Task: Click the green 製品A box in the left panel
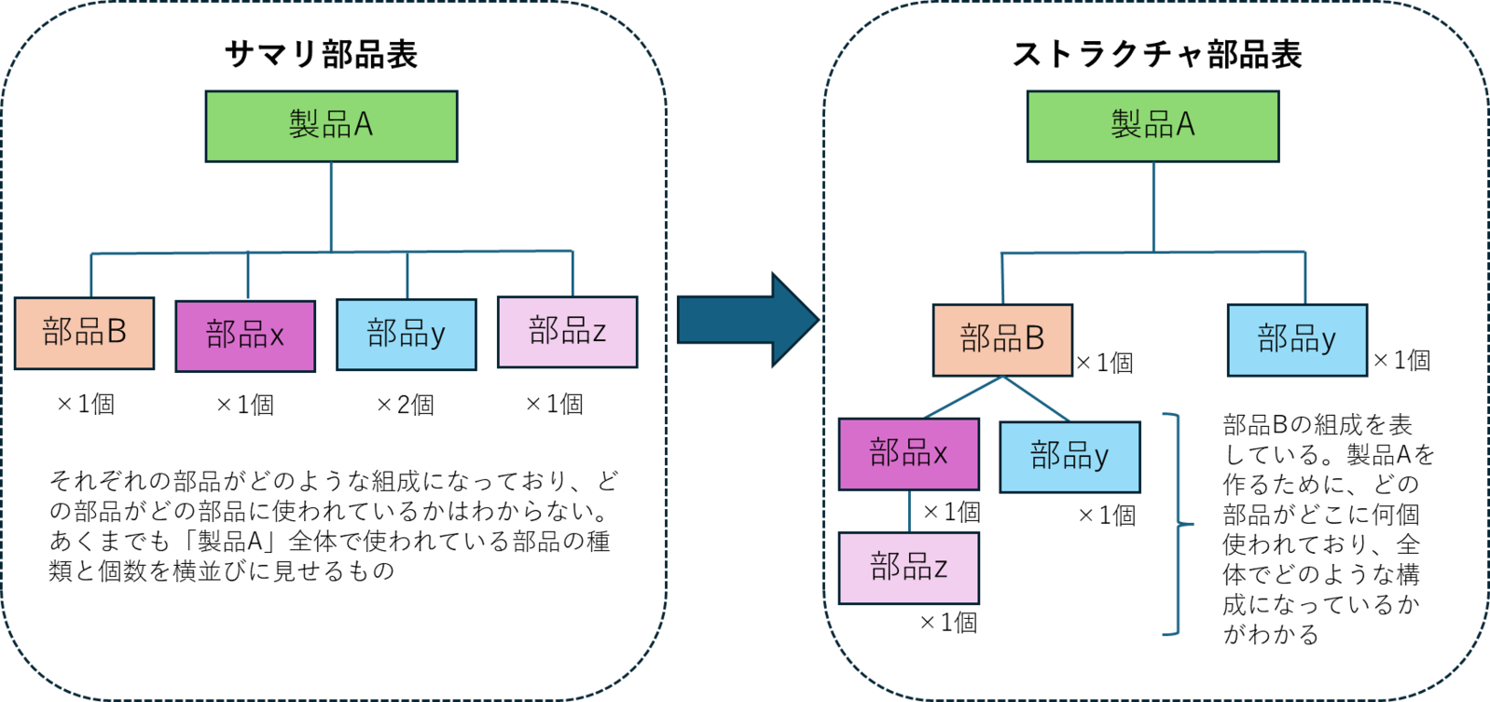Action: click(331, 126)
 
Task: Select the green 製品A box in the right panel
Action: click(1152, 126)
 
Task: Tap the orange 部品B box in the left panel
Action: click(84, 333)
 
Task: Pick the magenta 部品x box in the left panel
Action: click(245, 336)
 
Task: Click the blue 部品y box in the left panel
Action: click(407, 334)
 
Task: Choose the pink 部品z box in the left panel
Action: click(567, 332)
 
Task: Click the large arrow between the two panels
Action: click(746, 320)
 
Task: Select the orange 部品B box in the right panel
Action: click(1002, 339)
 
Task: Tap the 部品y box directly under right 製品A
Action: click(1297, 339)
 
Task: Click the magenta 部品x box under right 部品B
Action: click(908, 454)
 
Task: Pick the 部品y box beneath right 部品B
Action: click(1069, 457)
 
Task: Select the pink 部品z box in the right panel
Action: click(909, 568)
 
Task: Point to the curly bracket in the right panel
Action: click(1179, 524)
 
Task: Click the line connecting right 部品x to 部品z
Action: click(909, 512)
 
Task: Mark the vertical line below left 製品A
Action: click(331, 205)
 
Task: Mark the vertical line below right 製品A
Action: click(1153, 205)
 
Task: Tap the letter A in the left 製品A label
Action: click(363, 124)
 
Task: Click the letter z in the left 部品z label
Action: click(599, 331)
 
